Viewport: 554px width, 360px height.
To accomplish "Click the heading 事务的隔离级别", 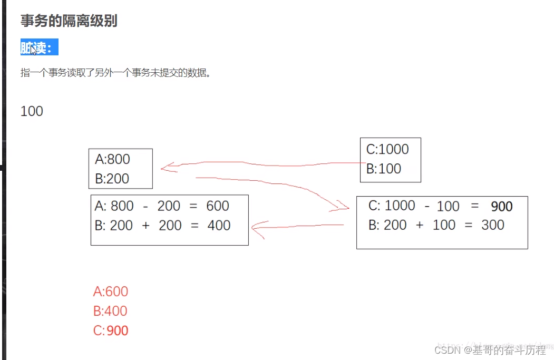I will click(69, 21).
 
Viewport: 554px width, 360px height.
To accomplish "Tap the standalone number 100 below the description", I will click(32, 111).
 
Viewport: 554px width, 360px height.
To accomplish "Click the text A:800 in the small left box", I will click(112, 159).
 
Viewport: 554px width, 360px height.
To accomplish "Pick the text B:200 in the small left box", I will click(112, 178).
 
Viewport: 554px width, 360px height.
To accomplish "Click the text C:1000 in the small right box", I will click(387, 149).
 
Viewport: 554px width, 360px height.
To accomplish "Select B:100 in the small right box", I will click(384, 169).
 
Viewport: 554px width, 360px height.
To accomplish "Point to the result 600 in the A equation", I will click(218, 206).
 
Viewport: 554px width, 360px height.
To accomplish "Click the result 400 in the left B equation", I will click(219, 226).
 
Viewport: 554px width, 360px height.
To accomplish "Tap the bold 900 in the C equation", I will click(501, 207).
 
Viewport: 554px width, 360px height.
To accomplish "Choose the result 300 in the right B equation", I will click(493, 225).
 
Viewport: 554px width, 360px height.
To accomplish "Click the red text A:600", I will click(111, 291).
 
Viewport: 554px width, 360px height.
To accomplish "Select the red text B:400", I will click(111, 311).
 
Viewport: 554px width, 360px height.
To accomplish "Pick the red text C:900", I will click(111, 331).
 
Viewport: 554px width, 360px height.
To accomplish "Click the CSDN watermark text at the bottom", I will click(490, 349).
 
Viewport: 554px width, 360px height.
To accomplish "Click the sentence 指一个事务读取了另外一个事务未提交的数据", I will click(115, 73).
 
